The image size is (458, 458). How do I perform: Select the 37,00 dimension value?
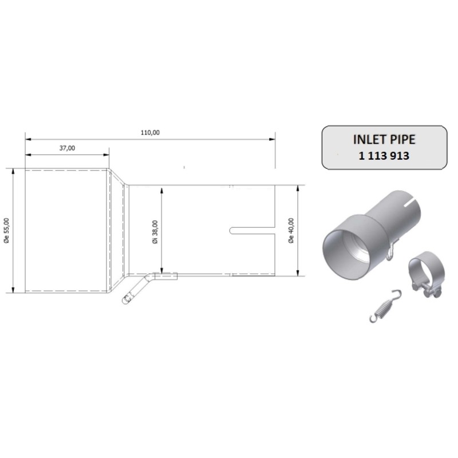(67, 148)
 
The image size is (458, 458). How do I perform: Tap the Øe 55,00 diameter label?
(6, 229)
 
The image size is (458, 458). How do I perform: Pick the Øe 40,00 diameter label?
(291, 230)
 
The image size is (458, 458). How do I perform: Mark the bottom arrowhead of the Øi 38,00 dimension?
(162, 272)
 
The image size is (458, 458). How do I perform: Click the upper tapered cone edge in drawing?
(118, 176)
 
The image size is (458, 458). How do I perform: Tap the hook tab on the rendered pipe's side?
(391, 252)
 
